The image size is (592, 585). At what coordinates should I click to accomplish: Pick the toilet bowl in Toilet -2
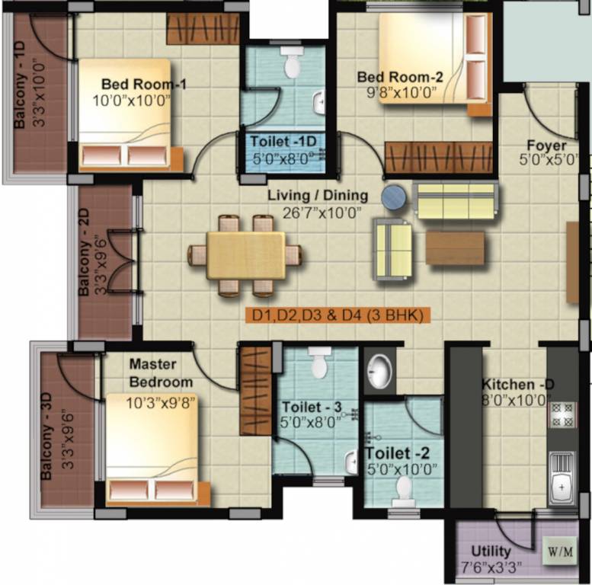tap(403, 488)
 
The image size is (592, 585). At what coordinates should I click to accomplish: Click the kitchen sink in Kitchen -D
tap(562, 475)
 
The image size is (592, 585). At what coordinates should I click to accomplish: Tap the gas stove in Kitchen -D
tap(562, 415)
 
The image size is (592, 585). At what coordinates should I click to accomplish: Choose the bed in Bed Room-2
tap(431, 58)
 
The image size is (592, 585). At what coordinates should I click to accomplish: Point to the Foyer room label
tap(547, 145)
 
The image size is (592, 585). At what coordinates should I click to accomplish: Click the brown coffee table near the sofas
tap(455, 248)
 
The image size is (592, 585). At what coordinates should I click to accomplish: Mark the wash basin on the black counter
tap(379, 371)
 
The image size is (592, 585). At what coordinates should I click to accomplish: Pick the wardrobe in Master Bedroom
tap(256, 390)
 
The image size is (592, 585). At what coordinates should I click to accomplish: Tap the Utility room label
tap(491, 551)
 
